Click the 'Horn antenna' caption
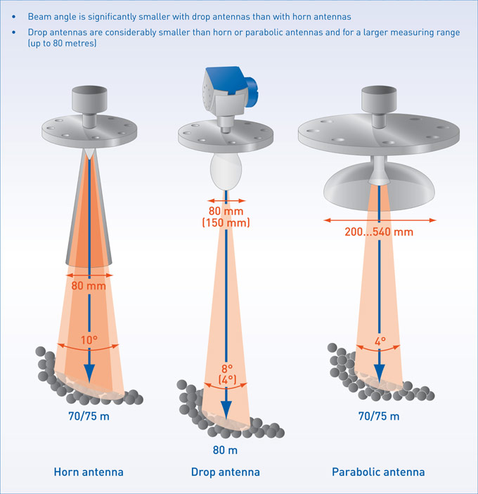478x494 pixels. (89, 472)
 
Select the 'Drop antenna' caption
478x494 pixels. (225, 472)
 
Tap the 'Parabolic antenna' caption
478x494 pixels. (378, 472)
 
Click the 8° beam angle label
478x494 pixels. (226, 369)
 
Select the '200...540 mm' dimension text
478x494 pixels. (379, 231)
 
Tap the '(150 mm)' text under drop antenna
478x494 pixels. (226, 223)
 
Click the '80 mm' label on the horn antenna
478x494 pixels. (88, 286)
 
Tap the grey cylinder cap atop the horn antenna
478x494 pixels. (89, 99)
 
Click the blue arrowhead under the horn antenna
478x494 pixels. (89, 372)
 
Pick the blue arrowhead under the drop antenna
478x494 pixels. (226, 410)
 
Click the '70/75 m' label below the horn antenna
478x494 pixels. (89, 416)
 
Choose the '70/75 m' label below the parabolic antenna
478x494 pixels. (379, 416)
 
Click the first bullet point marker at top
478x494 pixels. (15, 15)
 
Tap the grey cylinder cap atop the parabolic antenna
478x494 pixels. (379, 98)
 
